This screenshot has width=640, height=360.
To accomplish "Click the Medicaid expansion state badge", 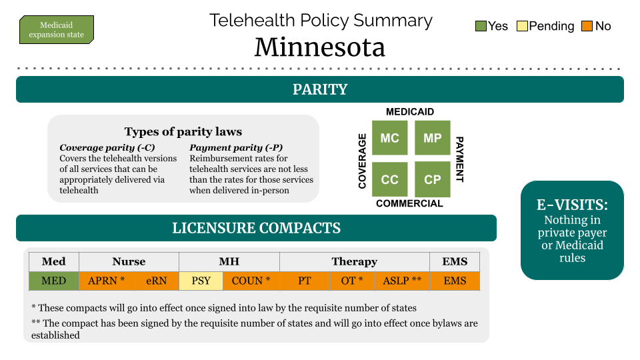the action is click(57, 30).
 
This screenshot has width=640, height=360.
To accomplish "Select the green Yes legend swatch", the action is click(481, 26).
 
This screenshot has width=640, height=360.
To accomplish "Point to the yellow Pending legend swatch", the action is click(522, 26).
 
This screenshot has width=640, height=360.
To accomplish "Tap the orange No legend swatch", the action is click(587, 26).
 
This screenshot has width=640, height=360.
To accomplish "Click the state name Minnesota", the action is click(320, 47).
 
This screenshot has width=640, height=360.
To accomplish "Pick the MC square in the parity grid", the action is click(390, 138).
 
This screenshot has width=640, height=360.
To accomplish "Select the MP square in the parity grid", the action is click(433, 138).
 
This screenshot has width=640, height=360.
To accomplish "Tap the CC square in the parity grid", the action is click(390, 179).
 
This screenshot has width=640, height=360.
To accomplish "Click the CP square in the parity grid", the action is click(433, 179).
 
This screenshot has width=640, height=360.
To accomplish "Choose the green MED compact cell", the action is click(54, 281).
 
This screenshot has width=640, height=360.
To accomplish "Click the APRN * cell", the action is click(107, 281).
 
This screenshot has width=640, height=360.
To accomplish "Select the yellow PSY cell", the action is click(201, 281).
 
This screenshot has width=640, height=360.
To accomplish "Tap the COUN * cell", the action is click(251, 281).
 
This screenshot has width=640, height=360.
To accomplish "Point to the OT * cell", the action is click(352, 281).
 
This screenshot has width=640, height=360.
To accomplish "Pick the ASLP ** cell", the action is click(403, 281).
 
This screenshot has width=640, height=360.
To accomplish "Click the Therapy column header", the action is click(354, 261).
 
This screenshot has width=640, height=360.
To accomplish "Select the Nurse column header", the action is click(129, 261).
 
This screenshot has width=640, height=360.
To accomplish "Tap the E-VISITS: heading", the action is click(572, 205).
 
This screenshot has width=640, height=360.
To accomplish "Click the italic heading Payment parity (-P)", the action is click(236, 147).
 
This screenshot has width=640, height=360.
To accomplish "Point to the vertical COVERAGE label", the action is click(362, 161).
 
